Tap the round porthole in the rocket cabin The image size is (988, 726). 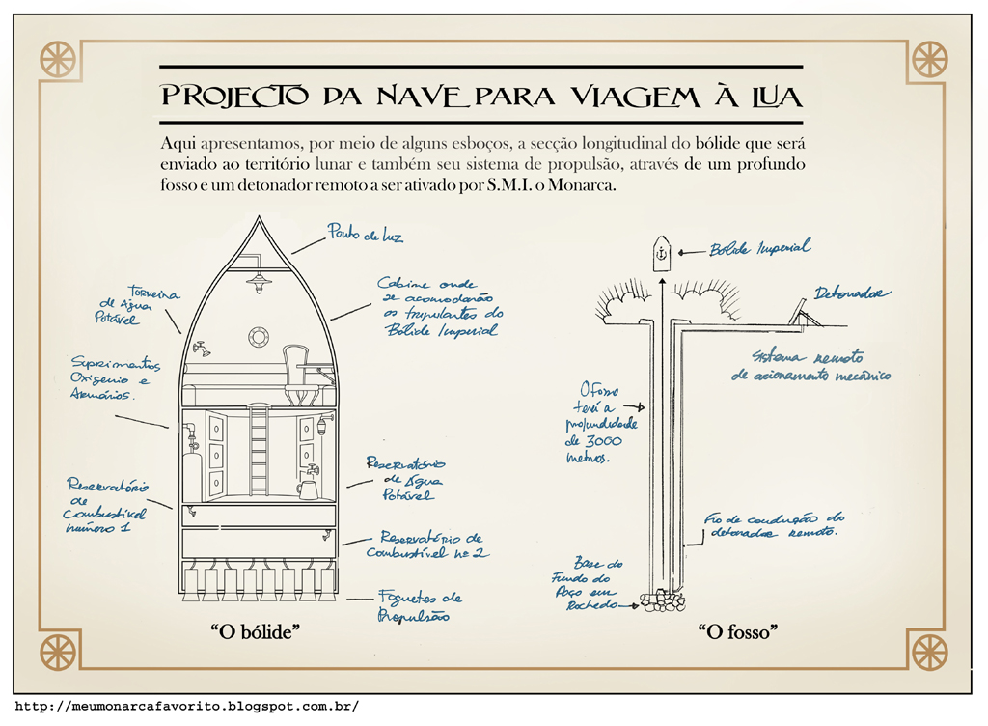click(x=259, y=336)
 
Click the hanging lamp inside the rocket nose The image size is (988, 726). click(x=258, y=280)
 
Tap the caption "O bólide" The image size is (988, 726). click(x=257, y=632)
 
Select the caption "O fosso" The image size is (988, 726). click(x=738, y=632)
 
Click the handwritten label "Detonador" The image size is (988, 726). click(x=851, y=293)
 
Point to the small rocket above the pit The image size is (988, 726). click(x=661, y=254)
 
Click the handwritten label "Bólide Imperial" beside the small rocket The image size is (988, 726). click(x=759, y=248)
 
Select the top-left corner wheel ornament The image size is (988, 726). click(x=58, y=59)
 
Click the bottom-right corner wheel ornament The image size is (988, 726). click(x=929, y=652)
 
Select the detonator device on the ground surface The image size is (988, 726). click(x=800, y=311)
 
